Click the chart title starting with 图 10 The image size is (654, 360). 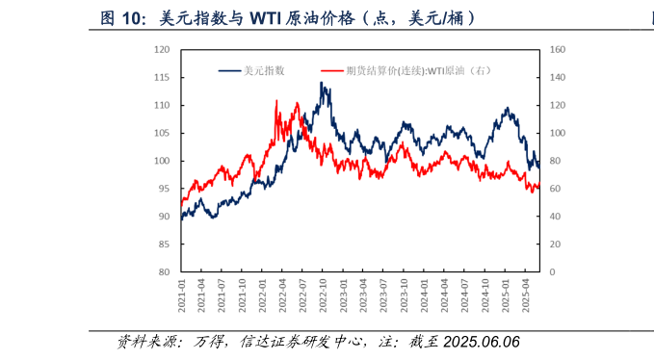pos(288,18)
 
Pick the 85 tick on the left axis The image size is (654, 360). pos(164,244)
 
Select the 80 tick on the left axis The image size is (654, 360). pos(164,272)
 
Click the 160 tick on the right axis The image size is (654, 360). pos(556,49)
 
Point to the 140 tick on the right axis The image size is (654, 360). pos(556,77)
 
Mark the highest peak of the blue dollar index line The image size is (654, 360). pos(322,83)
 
